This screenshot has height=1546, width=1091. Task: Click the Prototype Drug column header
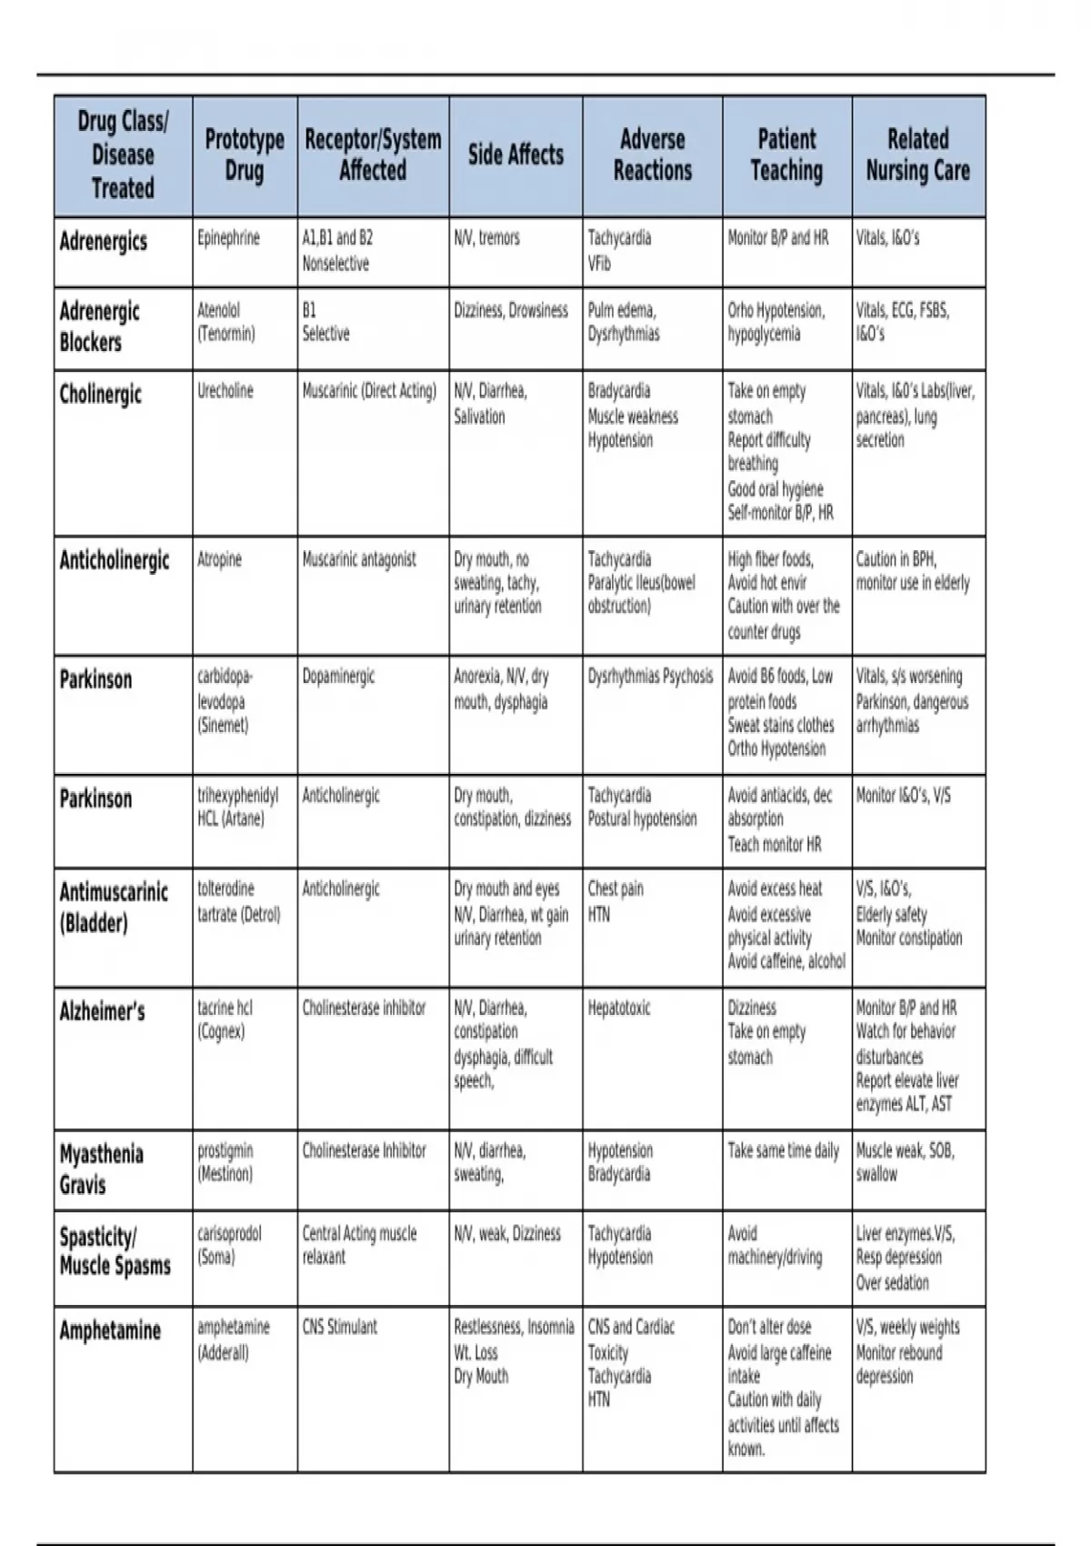click(245, 155)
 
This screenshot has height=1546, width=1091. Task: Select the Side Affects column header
click(515, 155)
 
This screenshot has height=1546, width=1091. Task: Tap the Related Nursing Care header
click(917, 155)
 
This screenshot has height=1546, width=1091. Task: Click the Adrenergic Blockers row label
click(100, 326)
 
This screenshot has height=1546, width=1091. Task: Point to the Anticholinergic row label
click(115, 560)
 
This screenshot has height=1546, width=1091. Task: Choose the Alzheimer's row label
click(102, 1011)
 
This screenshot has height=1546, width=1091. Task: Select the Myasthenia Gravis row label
click(101, 1169)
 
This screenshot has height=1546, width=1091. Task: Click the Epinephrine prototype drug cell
click(228, 238)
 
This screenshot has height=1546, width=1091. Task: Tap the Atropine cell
click(219, 559)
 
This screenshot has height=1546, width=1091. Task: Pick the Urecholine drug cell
click(225, 392)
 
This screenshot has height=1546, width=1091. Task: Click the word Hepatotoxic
click(619, 1009)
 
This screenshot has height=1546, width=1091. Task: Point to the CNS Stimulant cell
click(339, 1327)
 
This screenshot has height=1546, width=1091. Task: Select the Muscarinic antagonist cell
click(359, 559)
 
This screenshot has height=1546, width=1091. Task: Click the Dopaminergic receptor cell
click(338, 677)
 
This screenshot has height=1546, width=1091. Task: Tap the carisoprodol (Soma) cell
click(229, 1245)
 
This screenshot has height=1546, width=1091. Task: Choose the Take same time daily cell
click(783, 1151)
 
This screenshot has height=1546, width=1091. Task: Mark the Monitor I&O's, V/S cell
click(904, 796)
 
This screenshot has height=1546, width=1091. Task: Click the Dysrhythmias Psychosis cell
click(650, 677)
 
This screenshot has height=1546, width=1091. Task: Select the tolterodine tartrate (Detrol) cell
click(239, 901)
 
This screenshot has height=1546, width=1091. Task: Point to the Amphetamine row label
click(110, 1331)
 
